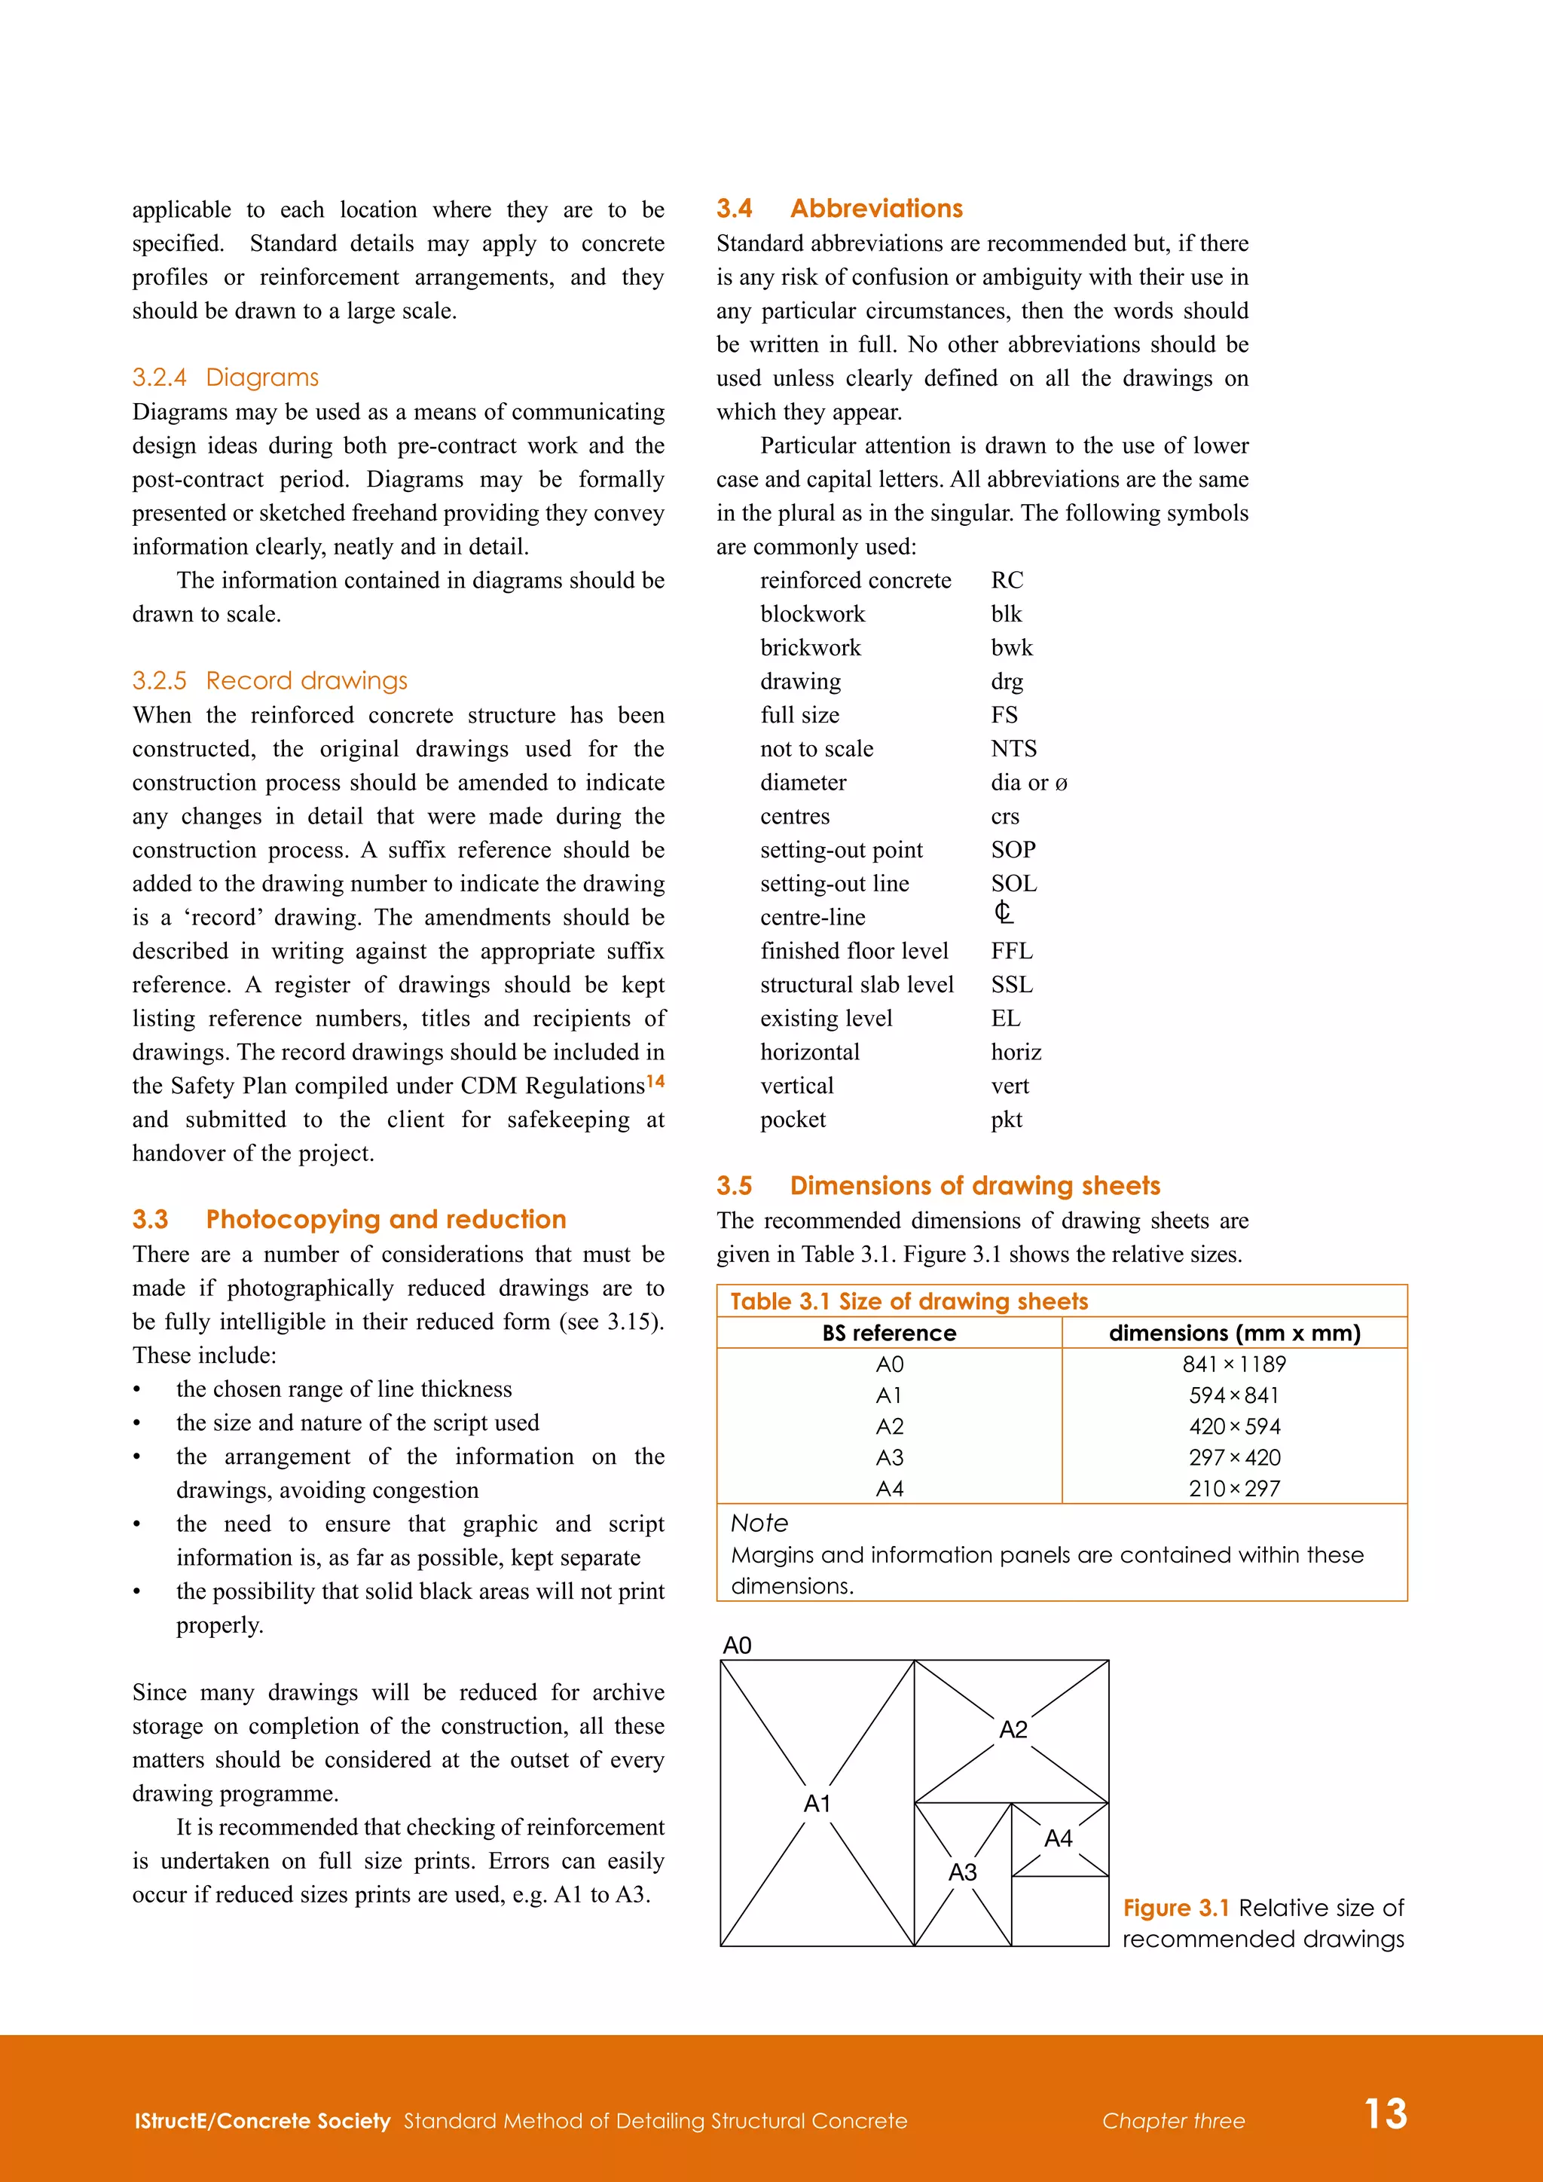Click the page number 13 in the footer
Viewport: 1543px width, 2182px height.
[1386, 2113]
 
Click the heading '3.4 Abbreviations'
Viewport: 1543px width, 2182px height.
[839, 208]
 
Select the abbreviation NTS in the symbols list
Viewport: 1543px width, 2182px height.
[1014, 749]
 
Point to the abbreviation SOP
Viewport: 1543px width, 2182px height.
[1013, 850]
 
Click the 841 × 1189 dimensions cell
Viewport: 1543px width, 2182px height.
[1233, 1365]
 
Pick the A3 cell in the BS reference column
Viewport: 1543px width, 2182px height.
[889, 1458]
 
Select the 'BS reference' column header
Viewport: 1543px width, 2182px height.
[889, 1334]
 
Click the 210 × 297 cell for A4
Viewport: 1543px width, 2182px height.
[1233, 1489]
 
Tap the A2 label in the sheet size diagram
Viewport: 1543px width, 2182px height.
[1013, 1730]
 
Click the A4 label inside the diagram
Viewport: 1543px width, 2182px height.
[1058, 1839]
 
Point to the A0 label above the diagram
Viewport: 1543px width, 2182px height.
[738, 1646]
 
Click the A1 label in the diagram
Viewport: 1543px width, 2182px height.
[817, 1804]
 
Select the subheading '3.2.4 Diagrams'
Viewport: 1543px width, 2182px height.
[225, 377]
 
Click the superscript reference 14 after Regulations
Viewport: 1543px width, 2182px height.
[655, 1081]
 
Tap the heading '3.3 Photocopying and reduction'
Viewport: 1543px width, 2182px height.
[349, 1219]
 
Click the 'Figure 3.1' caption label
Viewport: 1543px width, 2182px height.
[1175, 1908]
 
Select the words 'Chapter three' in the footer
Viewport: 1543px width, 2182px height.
[1172, 2121]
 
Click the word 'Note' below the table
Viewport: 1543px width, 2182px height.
[759, 1523]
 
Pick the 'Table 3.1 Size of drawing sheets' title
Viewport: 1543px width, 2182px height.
[909, 1301]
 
